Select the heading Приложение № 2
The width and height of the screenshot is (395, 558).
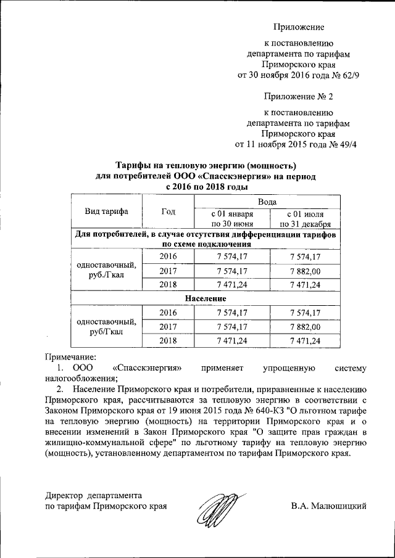(298, 97)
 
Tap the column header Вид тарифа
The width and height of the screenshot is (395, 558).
(106, 211)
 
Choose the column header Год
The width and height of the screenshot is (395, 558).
(168, 211)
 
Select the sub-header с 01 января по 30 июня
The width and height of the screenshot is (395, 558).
(232, 219)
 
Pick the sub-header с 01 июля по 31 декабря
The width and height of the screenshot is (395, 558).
(306, 219)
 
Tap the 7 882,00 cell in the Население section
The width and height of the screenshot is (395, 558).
(306, 326)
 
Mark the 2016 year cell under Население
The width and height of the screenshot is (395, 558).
(168, 313)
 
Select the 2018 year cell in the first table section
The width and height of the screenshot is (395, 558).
(168, 284)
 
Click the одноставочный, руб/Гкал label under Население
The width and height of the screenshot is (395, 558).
(106, 326)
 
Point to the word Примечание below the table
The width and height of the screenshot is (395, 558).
(72, 356)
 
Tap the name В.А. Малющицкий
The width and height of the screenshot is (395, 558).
(330, 506)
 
